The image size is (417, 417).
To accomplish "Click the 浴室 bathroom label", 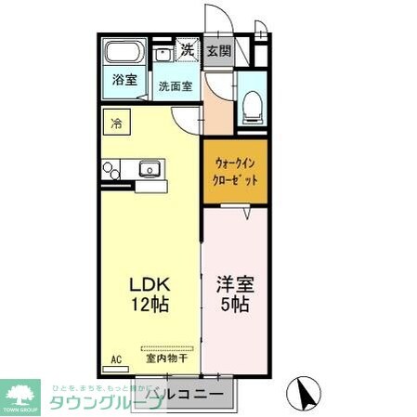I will click(x=124, y=80).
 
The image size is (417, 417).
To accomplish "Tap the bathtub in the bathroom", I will click(x=124, y=53).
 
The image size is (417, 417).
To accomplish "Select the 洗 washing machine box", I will click(x=187, y=50).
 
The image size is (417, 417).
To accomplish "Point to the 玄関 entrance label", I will click(x=219, y=50).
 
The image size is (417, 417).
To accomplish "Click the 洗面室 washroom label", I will click(x=175, y=86).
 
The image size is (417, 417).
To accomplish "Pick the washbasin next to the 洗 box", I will click(x=163, y=53).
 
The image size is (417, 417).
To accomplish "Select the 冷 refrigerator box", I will click(x=117, y=123).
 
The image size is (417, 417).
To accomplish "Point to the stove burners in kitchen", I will click(x=111, y=169).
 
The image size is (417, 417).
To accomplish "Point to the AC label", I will click(x=116, y=357).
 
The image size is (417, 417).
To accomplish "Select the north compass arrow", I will click(x=303, y=393).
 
